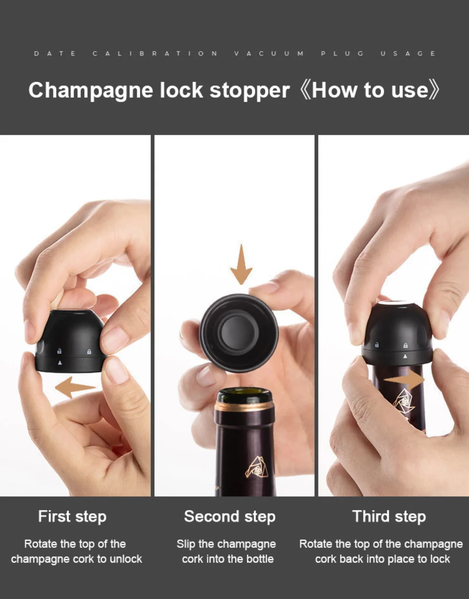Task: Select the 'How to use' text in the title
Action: [370, 90]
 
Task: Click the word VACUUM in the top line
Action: [269, 53]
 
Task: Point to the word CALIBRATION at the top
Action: [155, 53]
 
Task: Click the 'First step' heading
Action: [72, 516]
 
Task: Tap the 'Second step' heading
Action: [230, 516]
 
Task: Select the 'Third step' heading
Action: [389, 516]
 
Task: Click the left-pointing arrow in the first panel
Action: [75, 387]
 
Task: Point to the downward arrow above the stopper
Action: [241, 264]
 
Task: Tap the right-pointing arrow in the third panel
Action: [404, 379]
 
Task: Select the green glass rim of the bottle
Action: [244, 395]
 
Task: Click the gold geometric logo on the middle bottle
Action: [257, 467]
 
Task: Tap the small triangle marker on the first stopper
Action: [60, 363]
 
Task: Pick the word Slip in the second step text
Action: [186, 544]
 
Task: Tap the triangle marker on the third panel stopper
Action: [405, 356]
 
